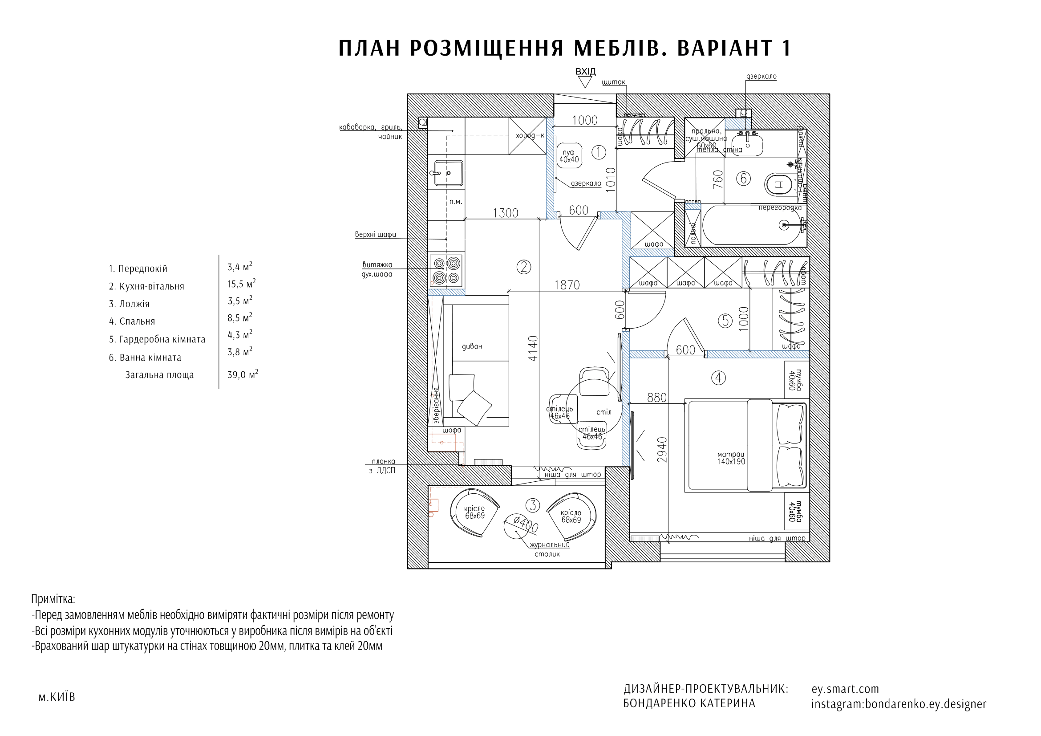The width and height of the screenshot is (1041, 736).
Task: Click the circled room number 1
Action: coord(599,152)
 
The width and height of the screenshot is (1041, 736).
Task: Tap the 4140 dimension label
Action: coord(533,348)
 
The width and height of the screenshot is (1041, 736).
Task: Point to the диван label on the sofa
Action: coord(472,346)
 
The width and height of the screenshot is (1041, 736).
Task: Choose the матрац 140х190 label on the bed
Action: coord(731,458)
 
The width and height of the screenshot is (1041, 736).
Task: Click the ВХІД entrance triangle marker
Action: coord(585,82)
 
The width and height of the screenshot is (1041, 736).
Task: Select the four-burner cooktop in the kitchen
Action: coord(446,271)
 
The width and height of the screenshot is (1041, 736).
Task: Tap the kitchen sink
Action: coord(449,173)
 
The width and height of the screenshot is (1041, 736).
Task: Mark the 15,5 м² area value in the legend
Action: coord(241,284)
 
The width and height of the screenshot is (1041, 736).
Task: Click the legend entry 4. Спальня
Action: coord(132,321)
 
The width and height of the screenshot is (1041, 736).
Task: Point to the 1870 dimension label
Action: coord(567,285)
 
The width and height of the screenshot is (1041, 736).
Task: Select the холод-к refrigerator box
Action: coord(527,136)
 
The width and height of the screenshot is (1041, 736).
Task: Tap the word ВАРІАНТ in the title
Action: coord(725,49)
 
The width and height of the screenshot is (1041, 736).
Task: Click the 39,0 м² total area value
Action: coord(243,374)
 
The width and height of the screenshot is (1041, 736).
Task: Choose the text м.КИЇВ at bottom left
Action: coord(57,697)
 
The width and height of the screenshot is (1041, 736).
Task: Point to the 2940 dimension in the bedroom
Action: coord(662,449)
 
